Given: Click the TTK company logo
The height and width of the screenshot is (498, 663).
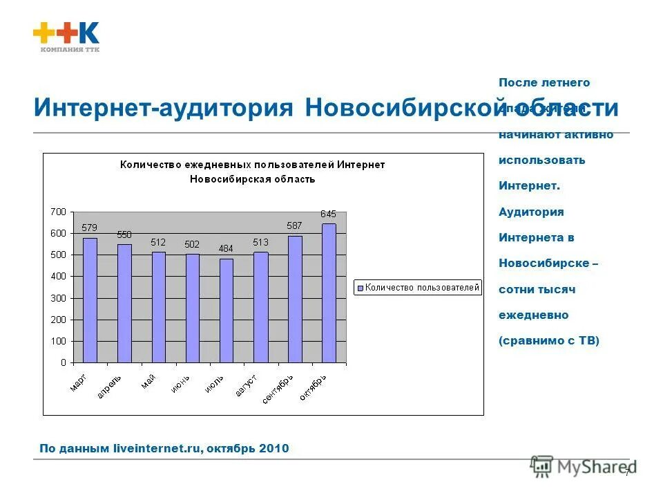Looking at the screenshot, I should click(x=66, y=37).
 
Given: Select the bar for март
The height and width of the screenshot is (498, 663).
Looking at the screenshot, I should click(x=90, y=300).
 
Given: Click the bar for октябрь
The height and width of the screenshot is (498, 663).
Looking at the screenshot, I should click(x=329, y=293).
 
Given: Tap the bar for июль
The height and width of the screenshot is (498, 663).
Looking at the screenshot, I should click(x=227, y=311).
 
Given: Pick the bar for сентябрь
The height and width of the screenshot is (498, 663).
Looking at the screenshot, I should click(x=295, y=299).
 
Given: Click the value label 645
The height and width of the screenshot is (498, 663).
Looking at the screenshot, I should click(x=328, y=214).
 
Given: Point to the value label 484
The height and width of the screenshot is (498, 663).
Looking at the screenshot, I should click(x=226, y=249).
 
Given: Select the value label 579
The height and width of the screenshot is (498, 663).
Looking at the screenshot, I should click(x=90, y=228).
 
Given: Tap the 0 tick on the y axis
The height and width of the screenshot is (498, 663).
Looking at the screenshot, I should click(x=63, y=362).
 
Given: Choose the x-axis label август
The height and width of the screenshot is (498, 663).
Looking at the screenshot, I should click(x=247, y=385).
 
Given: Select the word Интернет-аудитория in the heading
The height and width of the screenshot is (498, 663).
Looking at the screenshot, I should click(x=164, y=109).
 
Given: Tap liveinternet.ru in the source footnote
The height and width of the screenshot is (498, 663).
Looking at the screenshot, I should click(x=157, y=449).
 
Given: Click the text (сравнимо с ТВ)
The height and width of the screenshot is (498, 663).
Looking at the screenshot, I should click(x=548, y=340).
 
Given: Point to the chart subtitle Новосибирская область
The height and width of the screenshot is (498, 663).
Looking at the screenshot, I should click(x=252, y=179).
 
